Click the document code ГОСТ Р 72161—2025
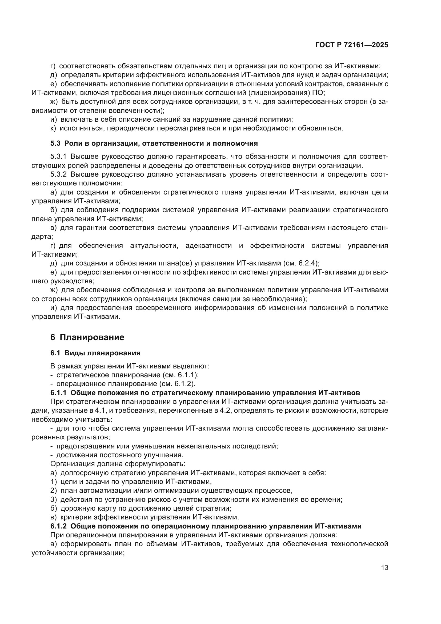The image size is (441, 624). pyautogui.click(x=351, y=45)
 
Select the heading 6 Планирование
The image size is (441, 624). pyautogui.click(x=87, y=337)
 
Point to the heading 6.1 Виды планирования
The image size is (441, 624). pyautogui.click(x=95, y=353)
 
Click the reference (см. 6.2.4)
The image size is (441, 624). pyautogui.click(x=301, y=263)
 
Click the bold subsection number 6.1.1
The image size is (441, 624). pyautogui.click(x=58, y=393)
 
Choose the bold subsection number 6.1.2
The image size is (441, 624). pyautogui.click(x=58, y=526)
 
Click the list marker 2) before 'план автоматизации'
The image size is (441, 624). pyautogui.click(x=54, y=491)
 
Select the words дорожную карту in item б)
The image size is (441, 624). pyautogui.click(x=83, y=508)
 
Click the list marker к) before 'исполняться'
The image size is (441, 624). pyautogui.click(x=53, y=128)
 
